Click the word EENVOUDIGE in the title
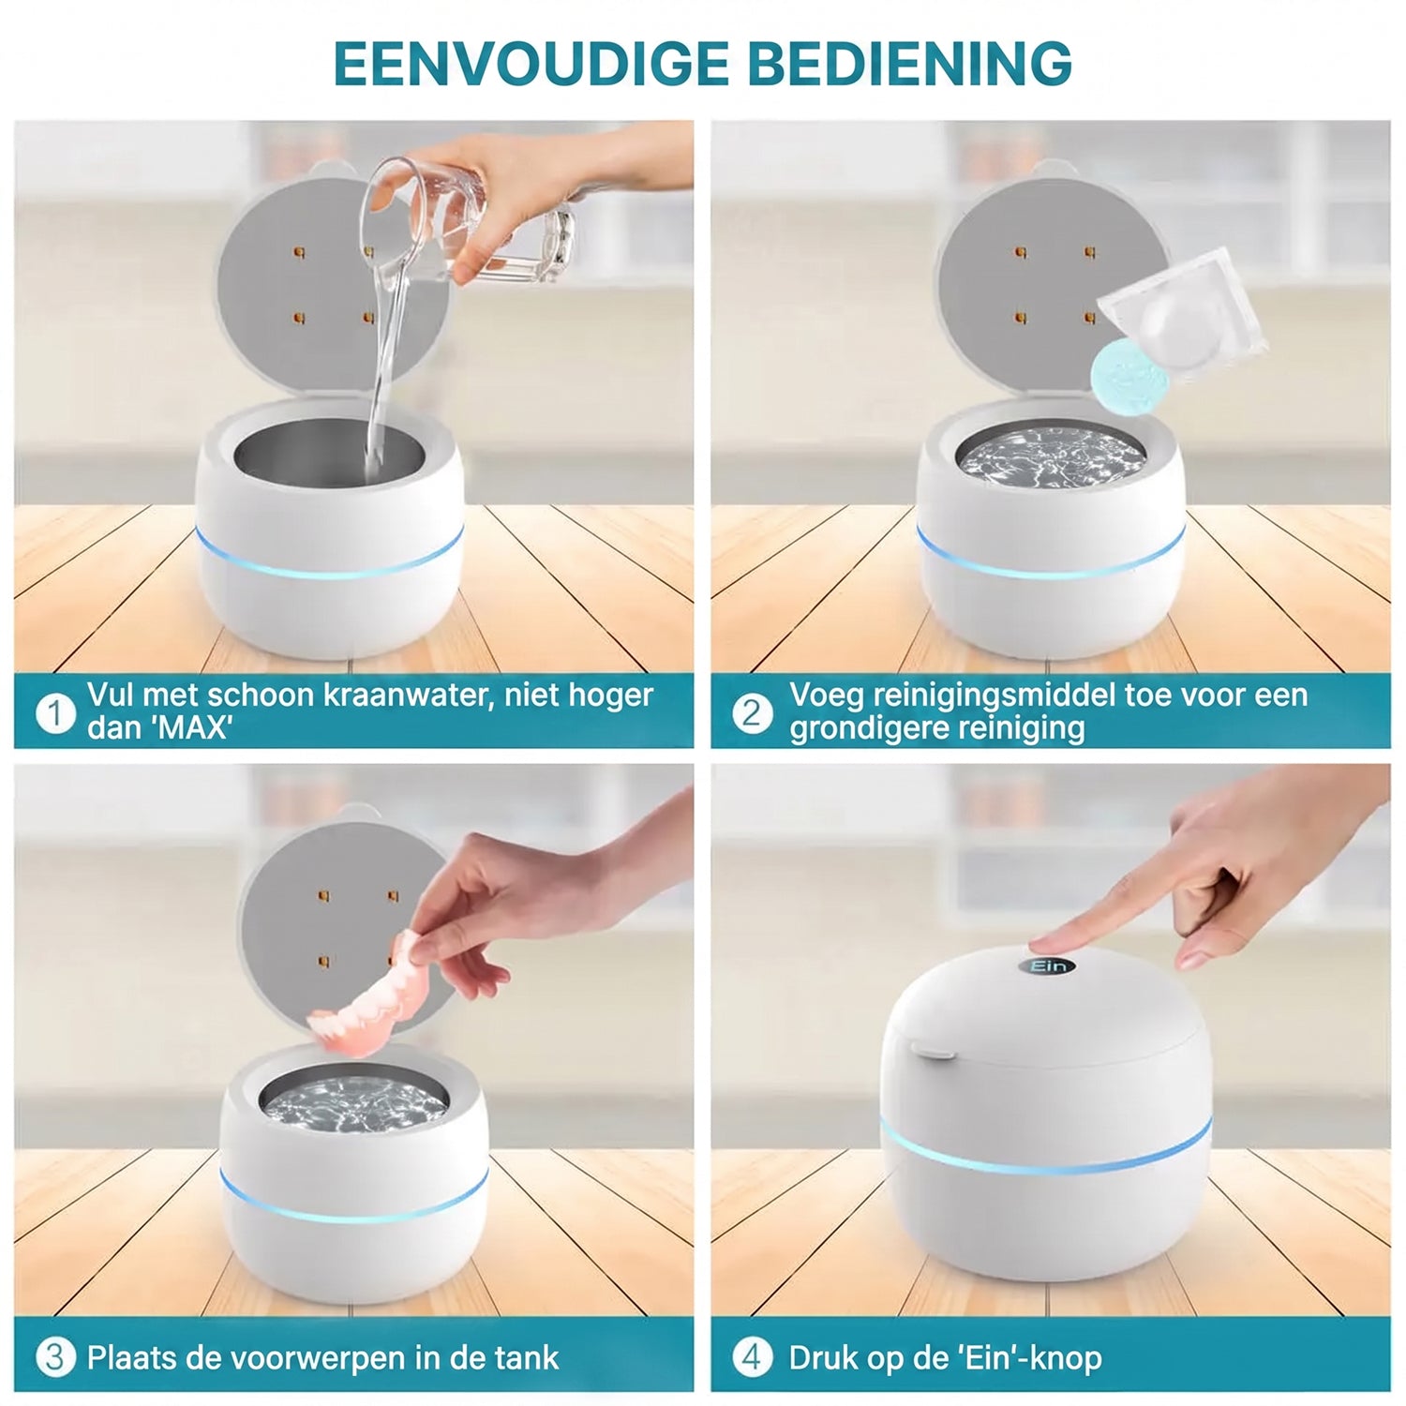click(x=531, y=64)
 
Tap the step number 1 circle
click(x=55, y=713)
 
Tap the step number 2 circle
click(x=752, y=713)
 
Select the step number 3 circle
click(x=55, y=1357)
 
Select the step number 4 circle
click(x=752, y=1357)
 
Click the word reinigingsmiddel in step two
click(x=993, y=696)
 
